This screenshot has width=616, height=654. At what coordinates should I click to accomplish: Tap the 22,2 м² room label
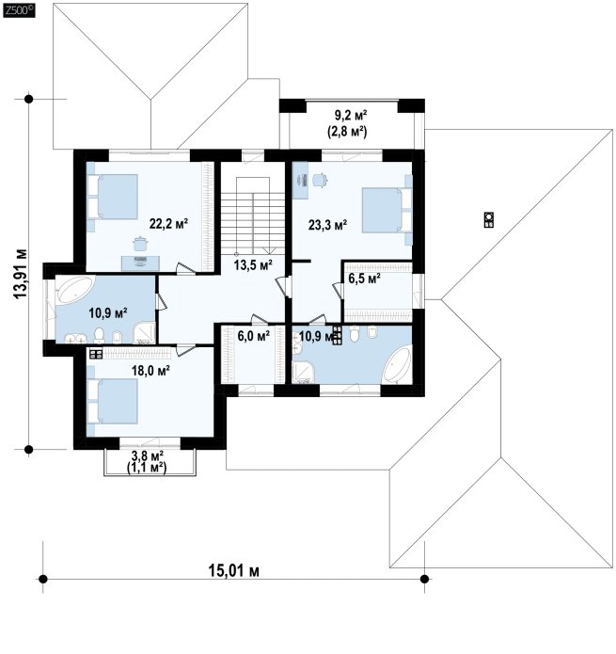(168, 224)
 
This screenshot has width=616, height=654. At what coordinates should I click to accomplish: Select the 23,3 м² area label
(327, 225)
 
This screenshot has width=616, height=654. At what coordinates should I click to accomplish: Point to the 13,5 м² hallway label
(253, 264)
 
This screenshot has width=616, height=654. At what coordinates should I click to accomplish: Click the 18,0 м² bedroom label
(150, 371)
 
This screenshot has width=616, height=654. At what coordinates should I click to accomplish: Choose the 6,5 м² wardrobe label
(364, 279)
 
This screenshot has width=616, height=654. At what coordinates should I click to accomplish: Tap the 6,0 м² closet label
(253, 335)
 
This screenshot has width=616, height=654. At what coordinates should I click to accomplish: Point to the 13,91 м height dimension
(20, 274)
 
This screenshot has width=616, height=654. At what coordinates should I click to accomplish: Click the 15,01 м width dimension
(233, 570)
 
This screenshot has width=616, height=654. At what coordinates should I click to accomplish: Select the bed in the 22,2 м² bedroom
(113, 197)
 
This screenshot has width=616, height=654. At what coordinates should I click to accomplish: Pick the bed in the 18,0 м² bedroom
(113, 401)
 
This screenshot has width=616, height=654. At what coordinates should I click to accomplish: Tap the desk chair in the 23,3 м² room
(320, 180)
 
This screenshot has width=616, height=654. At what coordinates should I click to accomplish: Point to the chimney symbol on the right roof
(489, 220)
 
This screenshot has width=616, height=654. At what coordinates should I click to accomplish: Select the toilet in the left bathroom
(99, 334)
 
